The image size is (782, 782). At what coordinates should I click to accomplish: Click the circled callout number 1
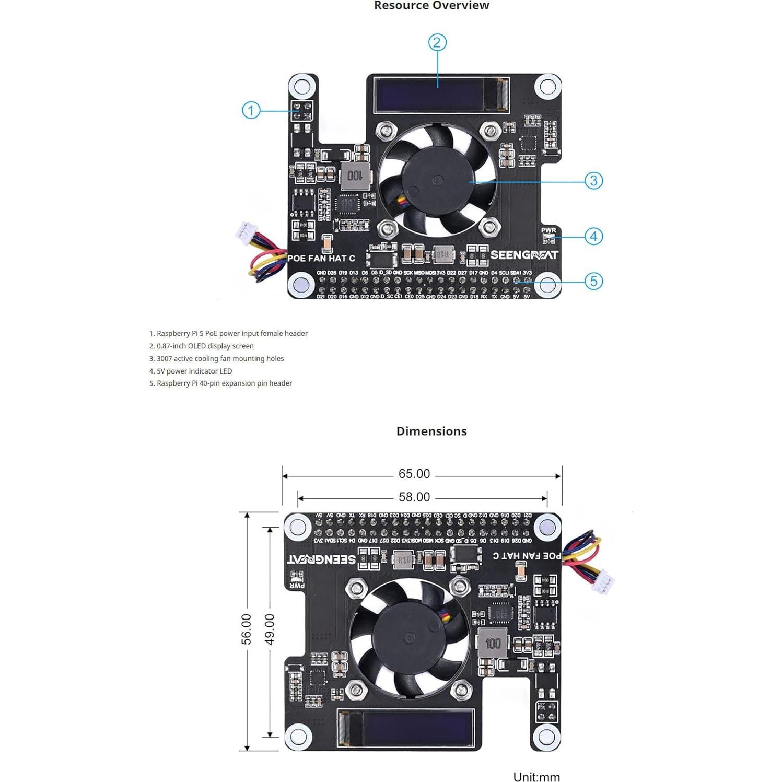tap(251, 110)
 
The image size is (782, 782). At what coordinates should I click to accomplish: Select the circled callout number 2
tap(437, 42)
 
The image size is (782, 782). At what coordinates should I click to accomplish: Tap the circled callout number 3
tap(593, 181)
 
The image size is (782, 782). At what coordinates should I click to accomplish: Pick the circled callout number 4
tap(593, 236)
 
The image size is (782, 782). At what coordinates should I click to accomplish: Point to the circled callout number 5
tap(593, 281)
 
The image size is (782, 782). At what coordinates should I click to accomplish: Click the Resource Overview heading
tap(431, 6)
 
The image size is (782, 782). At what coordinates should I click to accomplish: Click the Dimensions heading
tap(431, 431)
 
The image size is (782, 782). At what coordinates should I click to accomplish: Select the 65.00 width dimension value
tap(414, 474)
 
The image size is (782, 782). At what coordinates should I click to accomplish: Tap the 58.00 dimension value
tap(414, 497)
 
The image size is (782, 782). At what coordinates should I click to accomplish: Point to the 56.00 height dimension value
tap(246, 629)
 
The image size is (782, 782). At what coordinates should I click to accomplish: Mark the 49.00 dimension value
tap(270, 629)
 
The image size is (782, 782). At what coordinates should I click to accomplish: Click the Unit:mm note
tap(536, 777)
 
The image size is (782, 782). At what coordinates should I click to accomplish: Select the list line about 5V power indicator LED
tap(191, 371)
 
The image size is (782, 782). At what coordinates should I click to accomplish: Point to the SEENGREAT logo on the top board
tap(524, 255)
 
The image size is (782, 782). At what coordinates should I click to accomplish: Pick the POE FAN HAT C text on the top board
tap(321, 258)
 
